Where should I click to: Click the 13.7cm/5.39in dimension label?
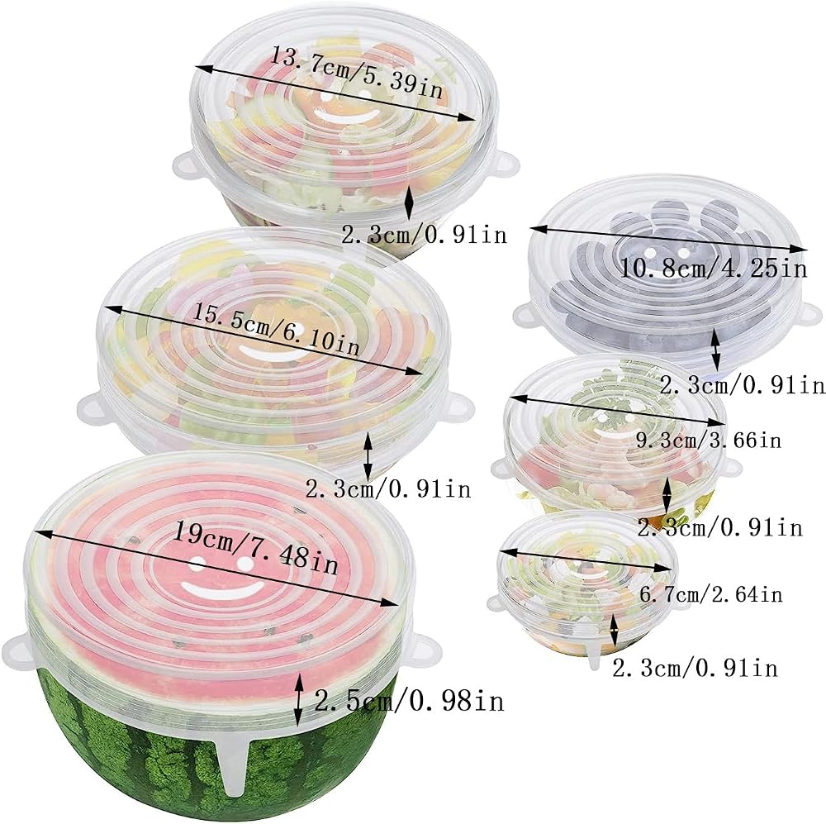coord(356,73)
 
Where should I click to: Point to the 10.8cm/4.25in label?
coord(713,268)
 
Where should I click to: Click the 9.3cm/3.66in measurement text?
coord(709,439)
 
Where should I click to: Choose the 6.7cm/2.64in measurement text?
coord(710,594)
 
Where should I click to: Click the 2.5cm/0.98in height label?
coord(410,701)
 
